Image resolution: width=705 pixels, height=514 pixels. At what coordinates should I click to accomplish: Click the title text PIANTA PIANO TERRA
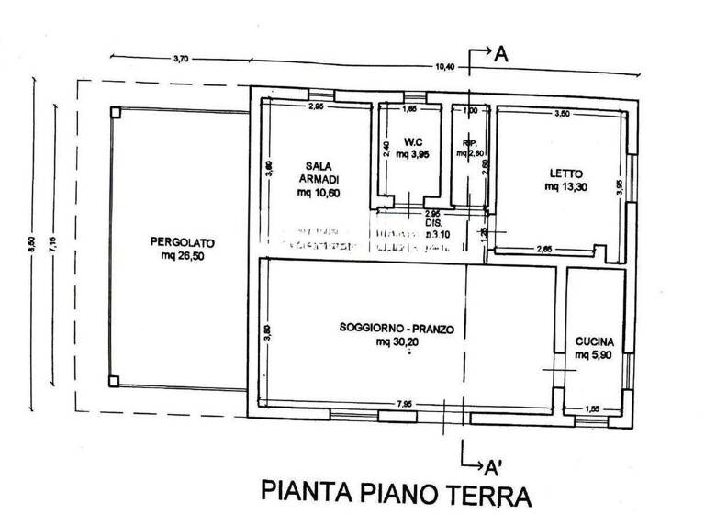(x=397, y=493)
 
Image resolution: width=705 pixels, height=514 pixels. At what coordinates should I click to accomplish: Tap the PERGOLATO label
(x=183, y=242)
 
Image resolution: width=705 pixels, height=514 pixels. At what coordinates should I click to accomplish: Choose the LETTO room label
(x=566, y=173)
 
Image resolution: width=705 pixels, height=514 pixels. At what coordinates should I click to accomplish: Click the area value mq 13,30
(x=566, y=186)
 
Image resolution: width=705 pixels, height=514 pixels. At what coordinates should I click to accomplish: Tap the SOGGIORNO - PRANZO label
(x=397, y=329)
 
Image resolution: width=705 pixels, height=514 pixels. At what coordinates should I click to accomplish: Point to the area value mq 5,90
(x=594, y=354)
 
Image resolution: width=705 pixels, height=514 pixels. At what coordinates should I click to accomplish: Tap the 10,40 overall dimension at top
(x=445, y=66)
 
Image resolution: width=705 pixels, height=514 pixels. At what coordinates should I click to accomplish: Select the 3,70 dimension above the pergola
(x=180, y=60)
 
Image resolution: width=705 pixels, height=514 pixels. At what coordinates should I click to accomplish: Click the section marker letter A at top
(x=501, y=55)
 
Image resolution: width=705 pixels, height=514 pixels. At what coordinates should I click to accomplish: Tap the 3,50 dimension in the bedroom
(x=562, y=113)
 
